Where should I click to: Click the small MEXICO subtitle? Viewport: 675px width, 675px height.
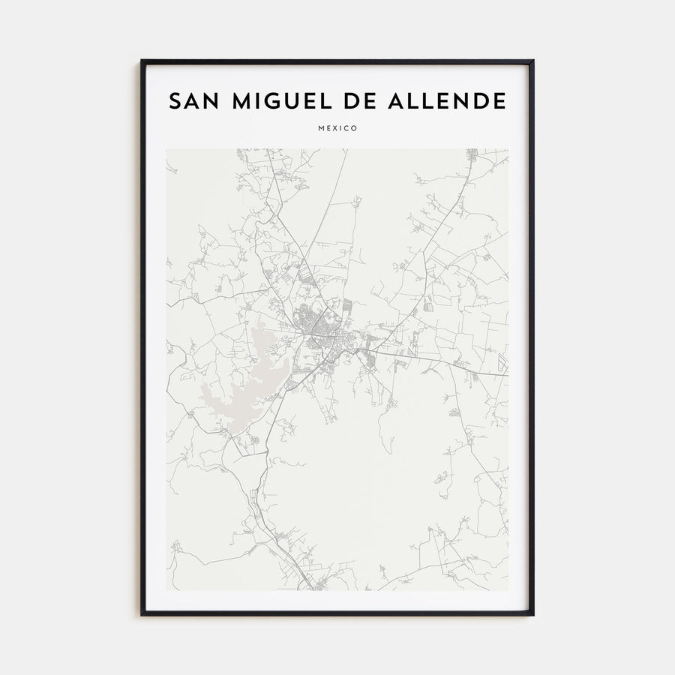click(337, 128)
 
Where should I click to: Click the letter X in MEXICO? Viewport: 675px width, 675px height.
click(336, 128)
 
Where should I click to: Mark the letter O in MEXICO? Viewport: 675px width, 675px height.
click(355, 128)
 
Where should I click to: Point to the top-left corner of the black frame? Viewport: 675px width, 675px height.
click(142, 61)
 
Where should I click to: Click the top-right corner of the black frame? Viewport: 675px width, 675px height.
click(533, 61)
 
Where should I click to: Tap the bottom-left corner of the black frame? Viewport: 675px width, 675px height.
click(142, 615)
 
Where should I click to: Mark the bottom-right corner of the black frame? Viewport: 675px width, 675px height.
click(533, 615)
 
